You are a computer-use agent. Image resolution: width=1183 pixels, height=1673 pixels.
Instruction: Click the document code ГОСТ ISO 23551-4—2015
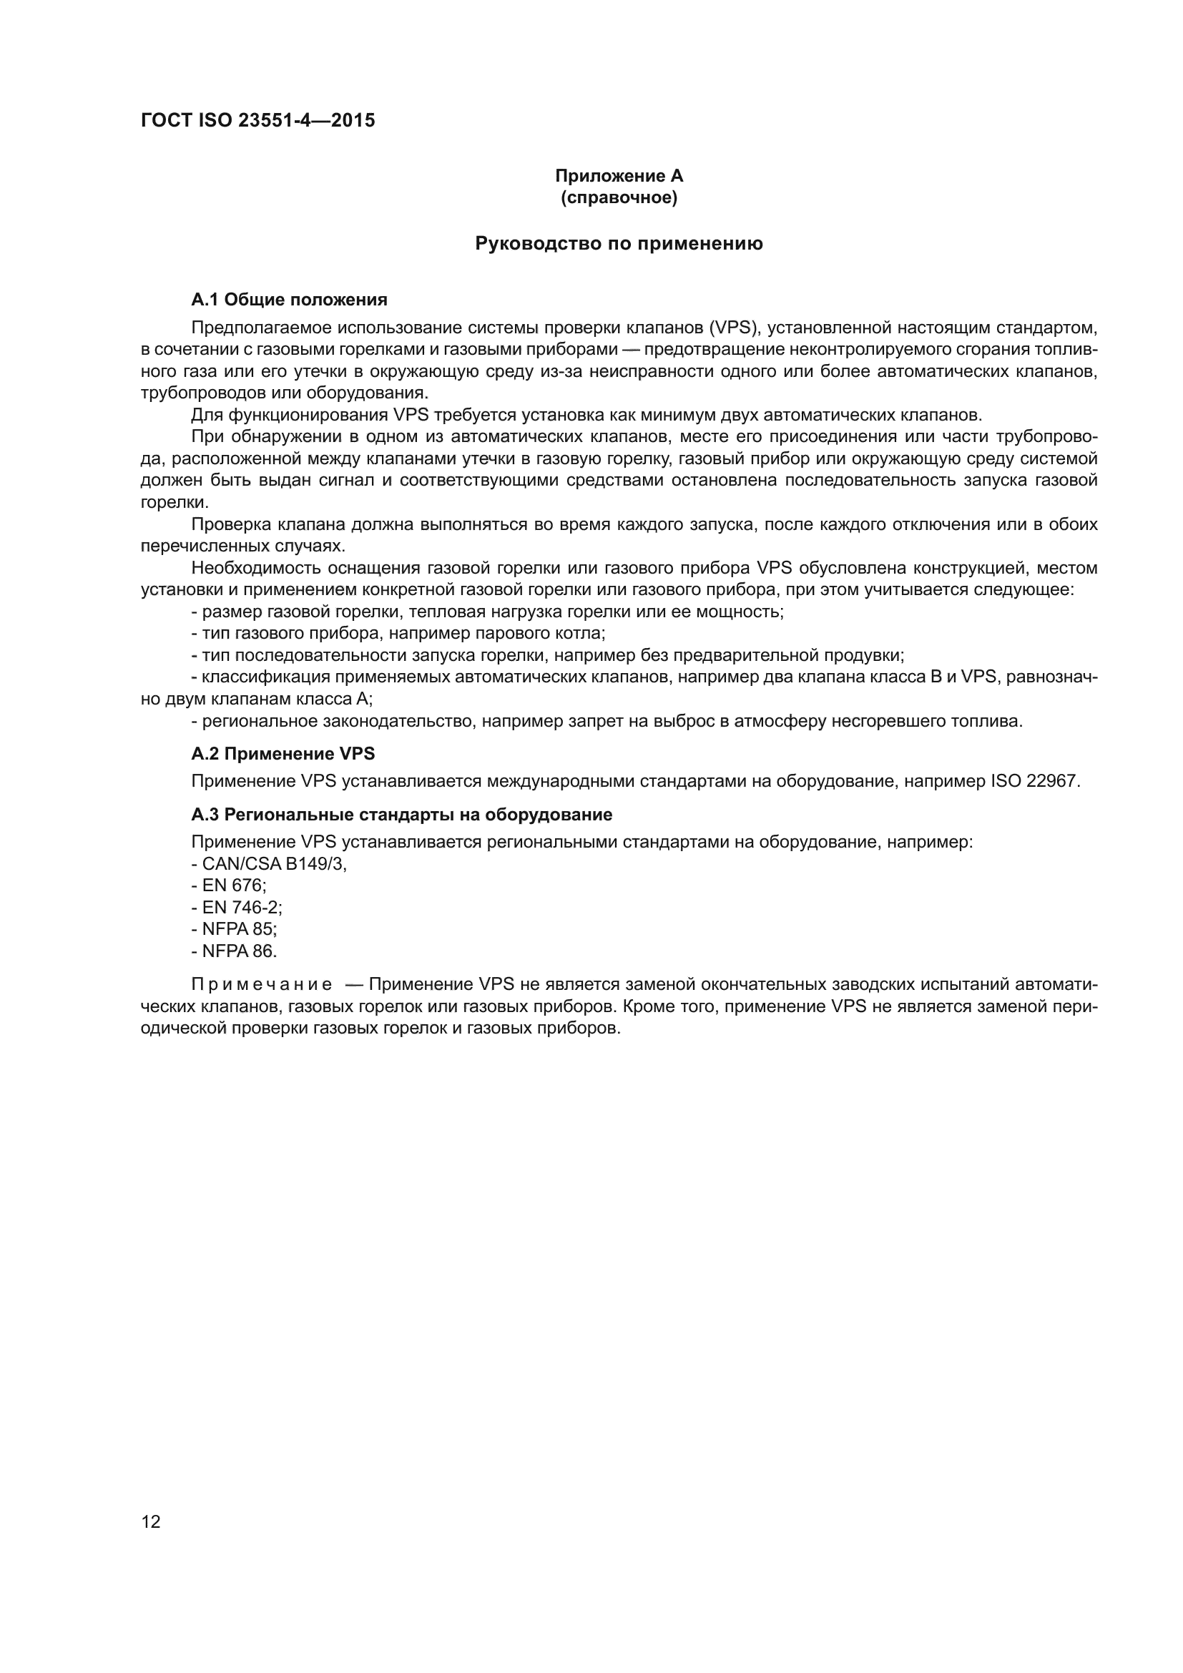pyautogui.click(x=258, y=120)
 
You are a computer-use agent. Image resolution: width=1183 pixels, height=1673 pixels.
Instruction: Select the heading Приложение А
pyautogui.click(x=619, y=176)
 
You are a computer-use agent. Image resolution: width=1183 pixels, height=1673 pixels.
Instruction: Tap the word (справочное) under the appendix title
pyautogui.click(x=619, y=198)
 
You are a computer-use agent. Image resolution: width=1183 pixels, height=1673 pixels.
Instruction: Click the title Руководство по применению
pyautogui.click(x=619, y=243)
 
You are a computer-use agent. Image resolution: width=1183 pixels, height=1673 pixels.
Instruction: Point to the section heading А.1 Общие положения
pyautogui.click(x=289, y=300)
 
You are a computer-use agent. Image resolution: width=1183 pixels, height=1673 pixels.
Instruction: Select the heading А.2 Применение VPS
pyautogui.click(x=283, y=753)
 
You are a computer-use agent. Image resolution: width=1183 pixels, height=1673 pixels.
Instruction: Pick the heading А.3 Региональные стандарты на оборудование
pyautogui.click(x=401, y=814)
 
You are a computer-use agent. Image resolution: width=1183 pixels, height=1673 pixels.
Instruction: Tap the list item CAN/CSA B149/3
pyautogui.click(x=270, y=864)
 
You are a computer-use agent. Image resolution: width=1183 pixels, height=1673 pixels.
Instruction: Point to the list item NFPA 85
pyautogui.click(x=235, y=930)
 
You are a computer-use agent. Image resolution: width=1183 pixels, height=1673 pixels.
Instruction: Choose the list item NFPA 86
pyautogui.click(x=235, y=951)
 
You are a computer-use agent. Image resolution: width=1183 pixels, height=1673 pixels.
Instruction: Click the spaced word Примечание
pyautogui.click(x=262, y=985)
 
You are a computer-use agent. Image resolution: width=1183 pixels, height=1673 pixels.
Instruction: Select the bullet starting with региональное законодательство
pyautogui.click(x=607, y=722)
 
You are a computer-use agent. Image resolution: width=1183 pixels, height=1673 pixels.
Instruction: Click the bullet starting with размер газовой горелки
pyautogui.click(x=487, y=612)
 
